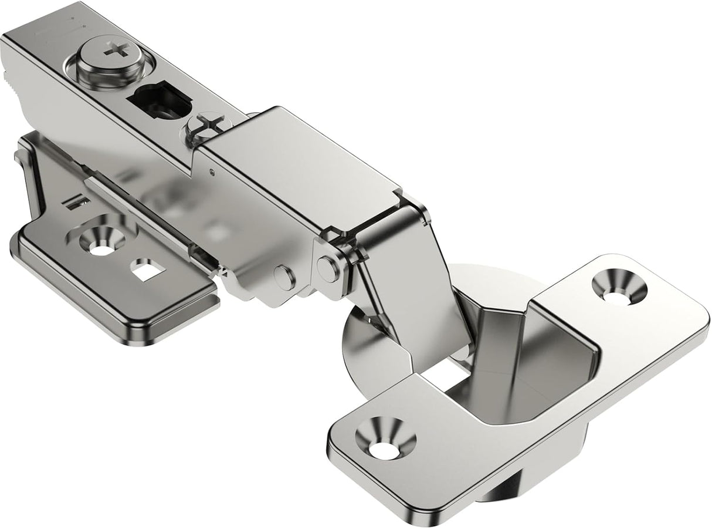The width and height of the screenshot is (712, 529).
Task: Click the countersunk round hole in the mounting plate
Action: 103,241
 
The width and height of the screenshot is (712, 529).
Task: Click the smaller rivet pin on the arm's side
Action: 283,277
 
